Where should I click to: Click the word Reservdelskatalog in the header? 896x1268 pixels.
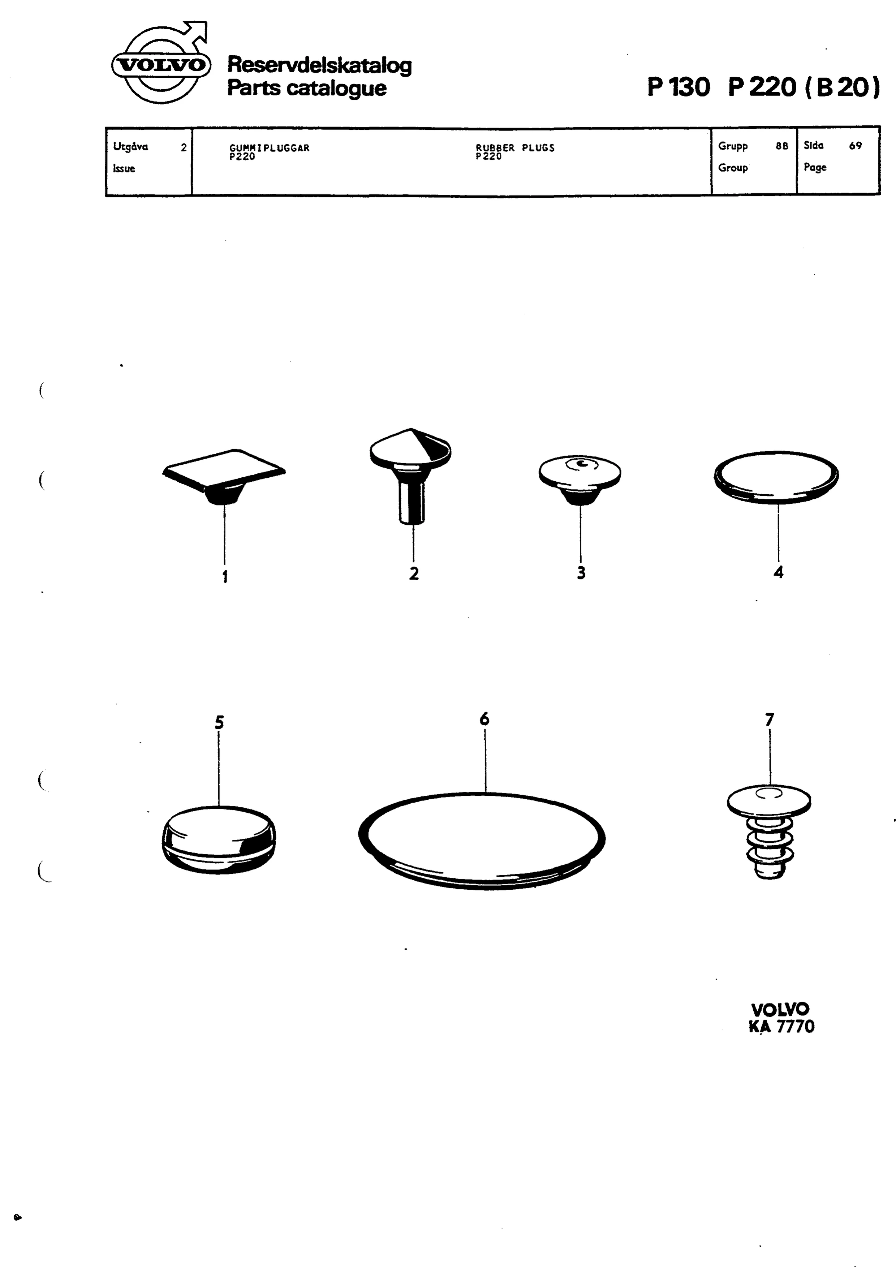point(320,65)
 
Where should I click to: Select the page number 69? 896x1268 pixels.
point(855,146)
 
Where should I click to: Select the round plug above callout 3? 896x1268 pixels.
point(580,479)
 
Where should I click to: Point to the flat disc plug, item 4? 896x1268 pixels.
point(776,477)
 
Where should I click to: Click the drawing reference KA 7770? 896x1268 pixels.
point(781,1026)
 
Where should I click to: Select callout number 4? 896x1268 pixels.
point(779,572)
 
